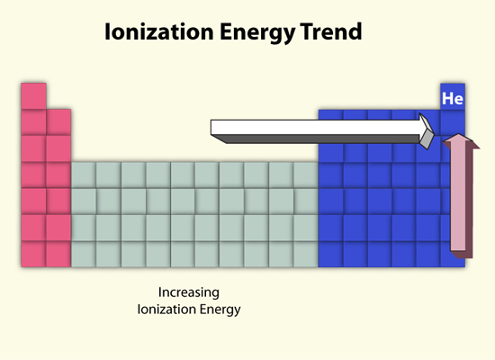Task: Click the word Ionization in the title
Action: tap(159, 31)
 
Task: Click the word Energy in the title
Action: tap(257, 32)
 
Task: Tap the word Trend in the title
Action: tap(331, 31)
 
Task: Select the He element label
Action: tap(453, 98)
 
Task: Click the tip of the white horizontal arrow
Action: tap(434, 135)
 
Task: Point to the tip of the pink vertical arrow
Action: tap(458, 134)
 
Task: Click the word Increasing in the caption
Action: tap(189, 292)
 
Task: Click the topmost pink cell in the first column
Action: tap(33, 96)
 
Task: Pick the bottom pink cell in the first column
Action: tap(33, 254)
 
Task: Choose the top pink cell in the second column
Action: tap(58, 122)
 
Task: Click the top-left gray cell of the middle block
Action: tap(84, 175)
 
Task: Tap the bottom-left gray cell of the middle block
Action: tap(84, 254)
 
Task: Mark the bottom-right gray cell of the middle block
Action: tap(306, 254)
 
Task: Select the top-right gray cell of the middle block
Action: tap(306, 175)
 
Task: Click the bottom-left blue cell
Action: tap(330, 254)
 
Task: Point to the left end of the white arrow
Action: tap(211, 127)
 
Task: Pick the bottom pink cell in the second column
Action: tap(58, 254)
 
